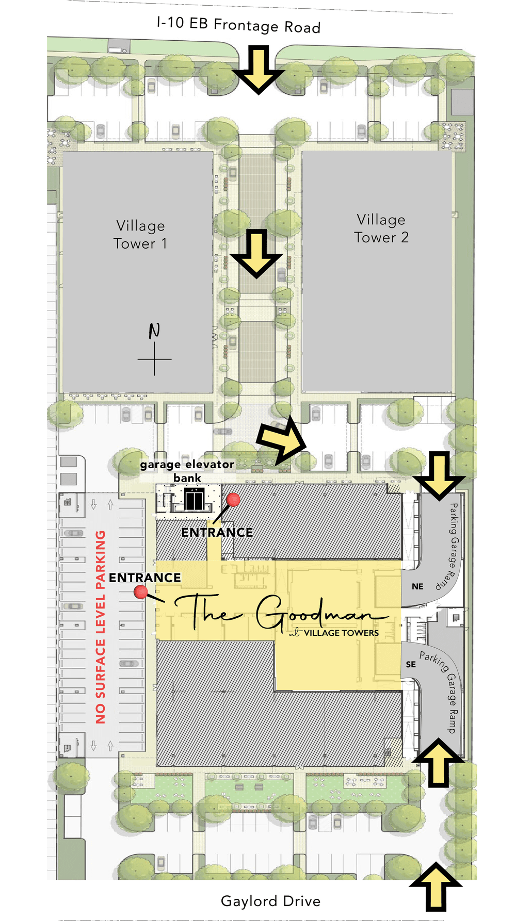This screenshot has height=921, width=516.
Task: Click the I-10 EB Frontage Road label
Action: (238, 25)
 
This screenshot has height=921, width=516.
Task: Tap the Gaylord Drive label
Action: (270, 901)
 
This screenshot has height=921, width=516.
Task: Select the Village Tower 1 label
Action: (140, 235)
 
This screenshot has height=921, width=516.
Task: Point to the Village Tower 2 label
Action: (381, 228)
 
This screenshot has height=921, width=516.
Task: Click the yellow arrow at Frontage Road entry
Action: (259, 69)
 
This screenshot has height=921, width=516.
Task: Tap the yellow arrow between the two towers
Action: (256, 253)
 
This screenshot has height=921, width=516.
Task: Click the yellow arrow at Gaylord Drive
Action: (436, 887)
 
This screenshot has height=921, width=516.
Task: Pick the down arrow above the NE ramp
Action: (439, 474)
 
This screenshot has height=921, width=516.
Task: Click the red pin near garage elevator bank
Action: (233, 499)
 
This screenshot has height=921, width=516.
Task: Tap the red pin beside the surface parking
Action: (141, 591)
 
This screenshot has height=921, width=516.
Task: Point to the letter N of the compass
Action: (154, 331)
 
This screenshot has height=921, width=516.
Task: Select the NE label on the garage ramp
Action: (417, 587)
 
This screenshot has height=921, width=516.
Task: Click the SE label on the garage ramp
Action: (411, 665)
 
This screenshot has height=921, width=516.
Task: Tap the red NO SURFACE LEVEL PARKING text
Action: (101, 627)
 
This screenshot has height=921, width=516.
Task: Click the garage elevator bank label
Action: (187, 471)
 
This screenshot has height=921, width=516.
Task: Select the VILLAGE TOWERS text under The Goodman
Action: (341, 633)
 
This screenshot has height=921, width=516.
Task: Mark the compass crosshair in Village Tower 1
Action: (154, 359)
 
